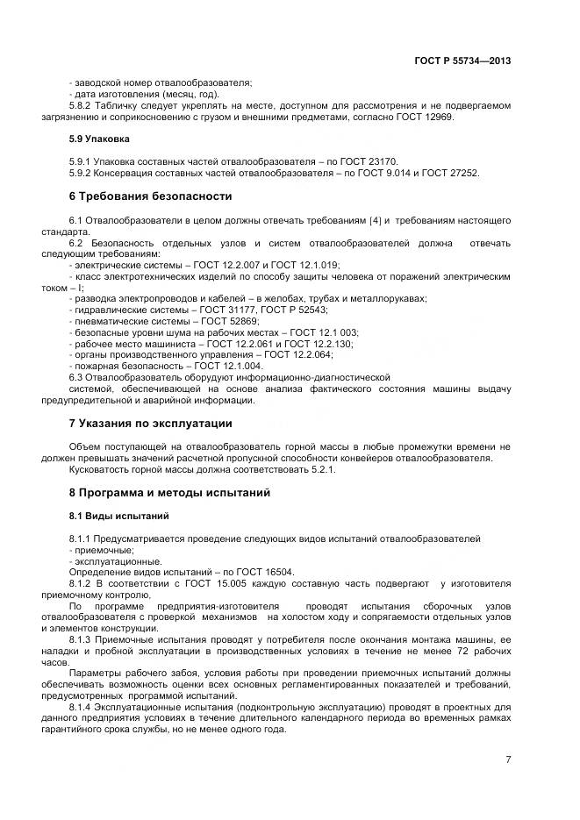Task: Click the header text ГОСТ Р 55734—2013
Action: click(462, 61)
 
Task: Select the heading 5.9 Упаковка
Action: click(99, 139)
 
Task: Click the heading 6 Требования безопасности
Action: click(150, 196)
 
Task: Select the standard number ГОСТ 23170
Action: click(369, 161)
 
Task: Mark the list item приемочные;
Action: click(97, 549)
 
